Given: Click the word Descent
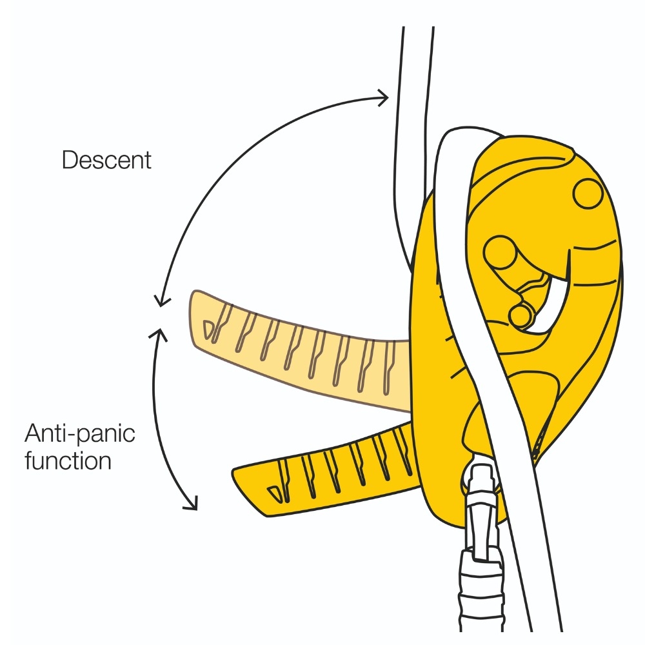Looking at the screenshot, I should [x=106, y=159].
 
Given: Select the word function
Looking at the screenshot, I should [x=68, y=461].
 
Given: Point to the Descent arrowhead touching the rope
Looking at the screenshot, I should [x=384, y=98].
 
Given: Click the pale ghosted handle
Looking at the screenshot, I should [x=297, y=348].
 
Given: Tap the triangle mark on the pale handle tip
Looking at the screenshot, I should [x=208, y=328].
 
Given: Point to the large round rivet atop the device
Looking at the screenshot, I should [x=587, y=193].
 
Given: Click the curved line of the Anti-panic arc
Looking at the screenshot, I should [x=157, y=419].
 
